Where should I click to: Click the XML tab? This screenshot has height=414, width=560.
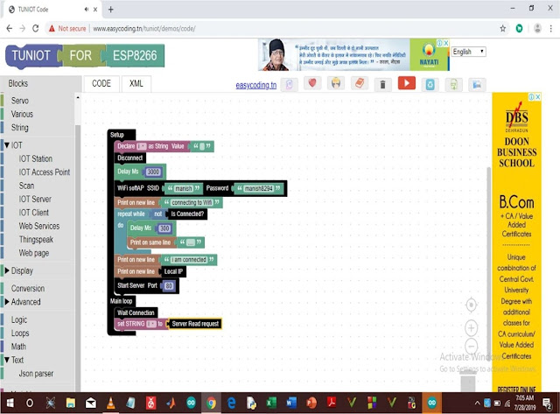click(136, 83)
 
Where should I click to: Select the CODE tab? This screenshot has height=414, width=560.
click(101, 83)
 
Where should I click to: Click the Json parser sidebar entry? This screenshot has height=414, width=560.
click(36, 374)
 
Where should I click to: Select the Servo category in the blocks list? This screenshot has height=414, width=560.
click(19, 101)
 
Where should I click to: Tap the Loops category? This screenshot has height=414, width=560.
click(19, 333)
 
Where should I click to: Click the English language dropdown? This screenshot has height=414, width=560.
click(467, 52)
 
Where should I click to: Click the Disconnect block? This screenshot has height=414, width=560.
click(129, 158)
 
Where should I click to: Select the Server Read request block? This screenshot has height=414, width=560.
click(194, 324)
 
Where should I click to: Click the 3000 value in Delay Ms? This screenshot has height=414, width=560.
click(153, 172)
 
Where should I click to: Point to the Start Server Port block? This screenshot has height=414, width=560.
click(145, 286)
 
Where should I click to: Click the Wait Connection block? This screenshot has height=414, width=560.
click(136, 312)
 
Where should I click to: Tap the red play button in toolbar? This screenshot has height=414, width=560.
click(406, 84)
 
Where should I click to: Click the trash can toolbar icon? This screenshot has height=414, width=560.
click(382, 85)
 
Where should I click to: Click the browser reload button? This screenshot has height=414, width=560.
click(36, 28)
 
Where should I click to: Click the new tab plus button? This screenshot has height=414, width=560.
click(110, 9)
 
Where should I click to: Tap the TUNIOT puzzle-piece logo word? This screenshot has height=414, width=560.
click(31, 55)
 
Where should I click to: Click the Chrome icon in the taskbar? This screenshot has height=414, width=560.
click(210, 403)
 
